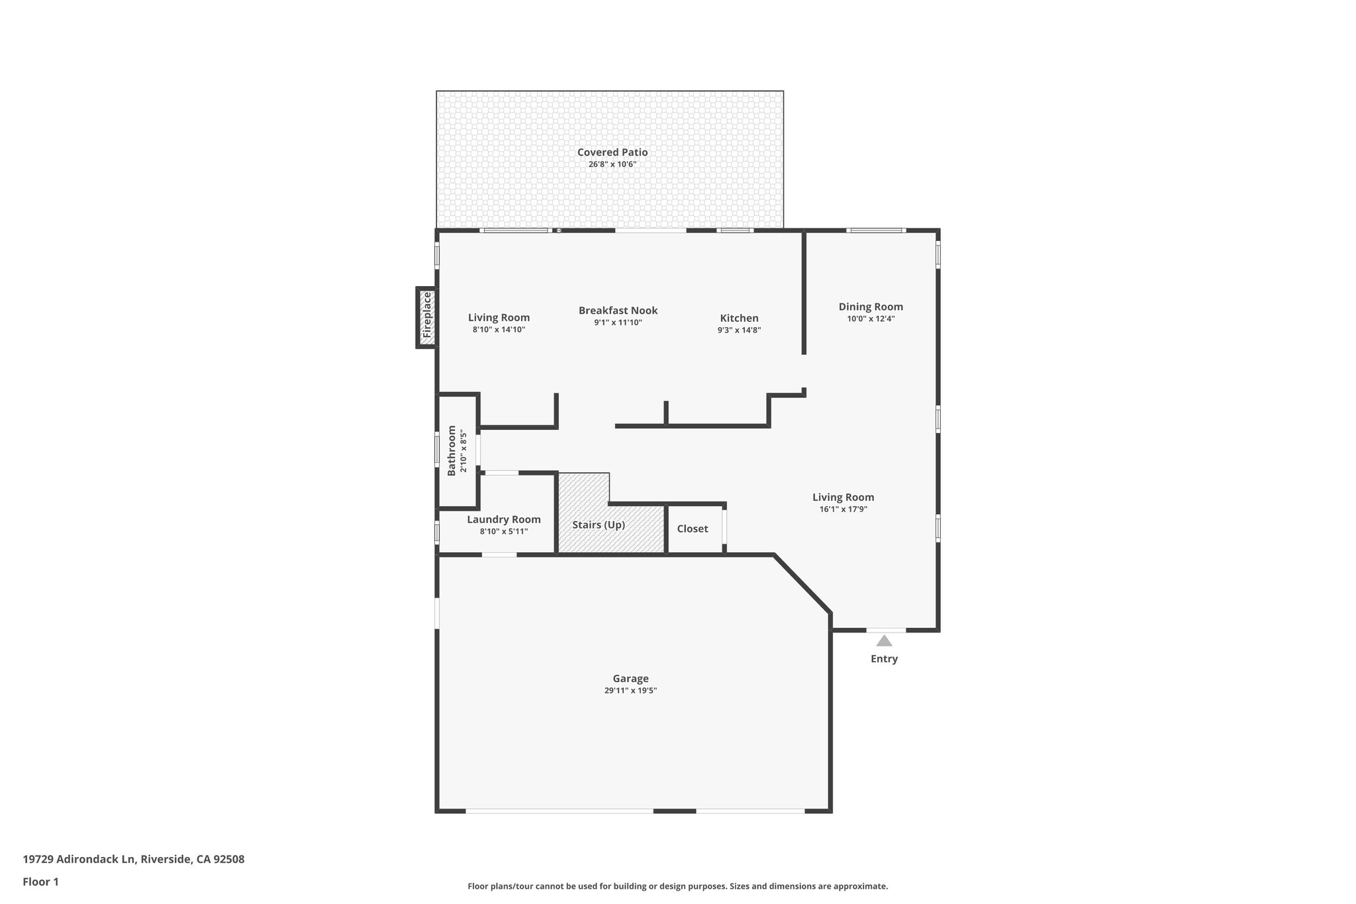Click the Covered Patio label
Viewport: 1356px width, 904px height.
[612, 152]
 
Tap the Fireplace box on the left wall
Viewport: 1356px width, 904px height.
[427, 317]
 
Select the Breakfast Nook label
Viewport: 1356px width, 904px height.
[618, 311]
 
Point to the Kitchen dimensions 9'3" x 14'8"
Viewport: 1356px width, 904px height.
[739, 330]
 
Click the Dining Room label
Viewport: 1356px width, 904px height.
[871, 307]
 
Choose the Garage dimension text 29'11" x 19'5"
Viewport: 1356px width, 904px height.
[630, 690]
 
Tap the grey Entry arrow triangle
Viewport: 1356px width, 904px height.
[884, 640]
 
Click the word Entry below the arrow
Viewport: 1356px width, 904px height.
[884, 659]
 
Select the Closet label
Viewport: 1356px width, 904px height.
[693, 528]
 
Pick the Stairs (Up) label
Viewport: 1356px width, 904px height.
[599, 525]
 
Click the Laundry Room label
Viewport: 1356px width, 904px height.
[504, 519]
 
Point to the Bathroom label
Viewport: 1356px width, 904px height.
[452, 450]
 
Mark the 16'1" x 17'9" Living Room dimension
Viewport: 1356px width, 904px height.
[843, 509]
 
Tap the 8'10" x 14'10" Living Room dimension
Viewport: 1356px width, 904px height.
[499, 329]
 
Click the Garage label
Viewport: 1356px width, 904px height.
[630, 678]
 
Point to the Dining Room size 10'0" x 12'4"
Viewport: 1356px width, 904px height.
[871, 319]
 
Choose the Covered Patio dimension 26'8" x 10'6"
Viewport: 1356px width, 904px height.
[612, 164]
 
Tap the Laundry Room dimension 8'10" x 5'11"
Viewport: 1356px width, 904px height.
[504, 531]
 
